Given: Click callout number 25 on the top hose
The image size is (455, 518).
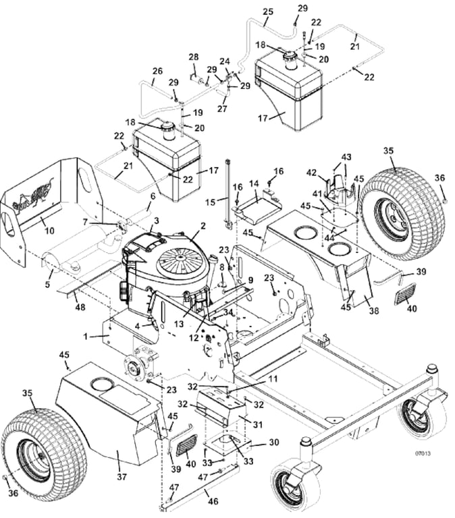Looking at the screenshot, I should (x=268, y=11).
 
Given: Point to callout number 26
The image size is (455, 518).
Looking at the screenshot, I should (x=157, y=71).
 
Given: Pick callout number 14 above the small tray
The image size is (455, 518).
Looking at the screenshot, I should (x=254, y=183).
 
